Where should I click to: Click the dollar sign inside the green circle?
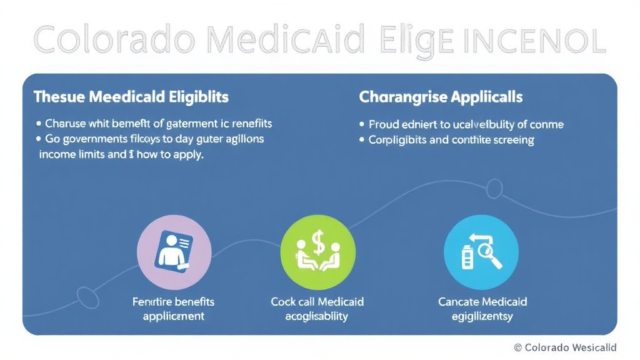pos(318,242)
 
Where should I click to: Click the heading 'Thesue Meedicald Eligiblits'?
pos(131,97)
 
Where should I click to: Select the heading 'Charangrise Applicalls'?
pos(441,97)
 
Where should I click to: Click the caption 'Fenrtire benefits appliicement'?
pos(173,309)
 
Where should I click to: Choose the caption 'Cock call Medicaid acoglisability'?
pos(317,309)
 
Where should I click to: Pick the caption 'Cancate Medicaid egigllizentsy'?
pos(482,309)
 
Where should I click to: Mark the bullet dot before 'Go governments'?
pos(39,139)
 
